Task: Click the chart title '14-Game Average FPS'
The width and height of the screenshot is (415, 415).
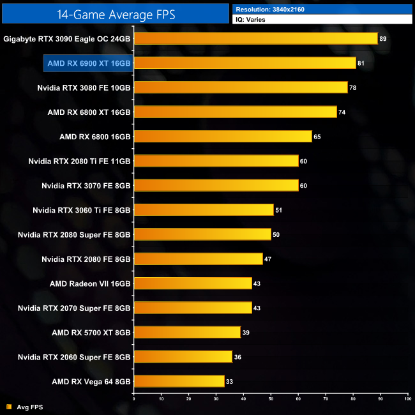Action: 116,13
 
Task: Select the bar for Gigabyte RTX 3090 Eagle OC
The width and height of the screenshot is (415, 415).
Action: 256,38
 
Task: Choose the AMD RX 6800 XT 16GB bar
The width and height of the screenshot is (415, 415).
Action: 235,112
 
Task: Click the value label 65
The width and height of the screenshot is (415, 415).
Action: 317,137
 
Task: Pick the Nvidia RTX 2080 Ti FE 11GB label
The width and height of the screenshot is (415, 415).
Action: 79,161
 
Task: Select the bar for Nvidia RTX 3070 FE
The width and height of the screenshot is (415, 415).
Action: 216,185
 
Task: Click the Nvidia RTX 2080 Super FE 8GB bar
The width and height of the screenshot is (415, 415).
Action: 202,234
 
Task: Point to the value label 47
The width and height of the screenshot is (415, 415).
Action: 268,259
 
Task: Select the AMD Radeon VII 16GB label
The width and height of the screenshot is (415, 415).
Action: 90,283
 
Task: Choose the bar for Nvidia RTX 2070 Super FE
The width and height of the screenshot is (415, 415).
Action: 193,308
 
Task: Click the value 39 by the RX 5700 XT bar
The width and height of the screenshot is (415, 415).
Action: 246,332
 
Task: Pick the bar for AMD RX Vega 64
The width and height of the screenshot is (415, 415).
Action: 179,381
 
